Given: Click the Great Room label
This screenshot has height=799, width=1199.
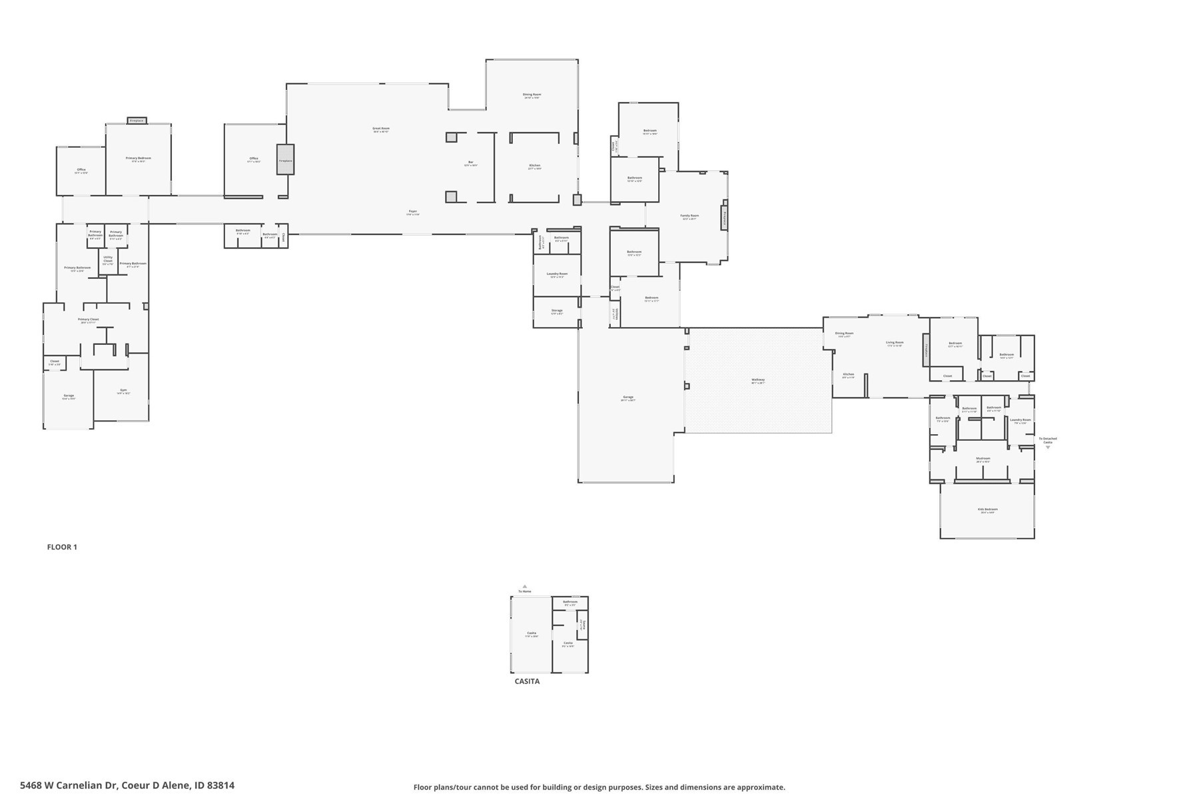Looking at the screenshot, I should click(381, 129).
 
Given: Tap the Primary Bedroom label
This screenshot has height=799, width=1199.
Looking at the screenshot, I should click(139, 159).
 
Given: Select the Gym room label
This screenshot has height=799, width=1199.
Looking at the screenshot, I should click(123, 391).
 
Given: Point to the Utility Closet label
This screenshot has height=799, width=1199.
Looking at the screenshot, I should click(108, 260).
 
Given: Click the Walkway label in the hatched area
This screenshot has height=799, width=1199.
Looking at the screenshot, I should click(758, 381).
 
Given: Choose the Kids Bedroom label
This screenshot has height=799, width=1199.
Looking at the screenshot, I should click(988, 510).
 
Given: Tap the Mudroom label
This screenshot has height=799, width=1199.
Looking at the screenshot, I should click(983, 459).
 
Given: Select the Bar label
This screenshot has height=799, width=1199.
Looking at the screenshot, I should click(470, 163).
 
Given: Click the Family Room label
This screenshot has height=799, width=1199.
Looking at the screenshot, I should click(689, 216).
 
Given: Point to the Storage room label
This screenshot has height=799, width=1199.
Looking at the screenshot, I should click(557, 311).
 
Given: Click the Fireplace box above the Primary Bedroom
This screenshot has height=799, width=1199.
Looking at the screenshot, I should click(137, 121).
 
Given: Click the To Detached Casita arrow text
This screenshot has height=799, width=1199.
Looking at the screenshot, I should click(1047, 440).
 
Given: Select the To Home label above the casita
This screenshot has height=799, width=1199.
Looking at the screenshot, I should click(525, 591).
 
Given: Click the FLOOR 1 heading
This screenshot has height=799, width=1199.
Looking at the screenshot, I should click(62, 547).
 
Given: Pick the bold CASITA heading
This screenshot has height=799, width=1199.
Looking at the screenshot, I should click(527, 681).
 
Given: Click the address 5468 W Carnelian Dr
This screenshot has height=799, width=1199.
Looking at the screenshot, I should click(127, 786).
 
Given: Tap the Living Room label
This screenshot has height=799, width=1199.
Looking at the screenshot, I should click(895, 344).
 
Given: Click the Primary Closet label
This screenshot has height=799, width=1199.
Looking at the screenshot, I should click(88, 320).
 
